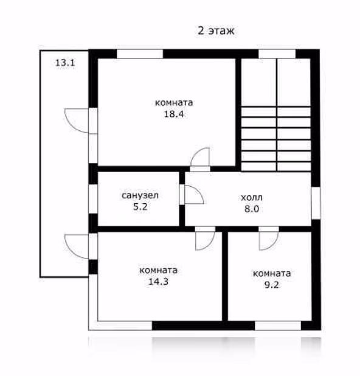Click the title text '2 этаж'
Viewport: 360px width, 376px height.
(216, 31)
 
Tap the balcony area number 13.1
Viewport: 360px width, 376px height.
(65, 63)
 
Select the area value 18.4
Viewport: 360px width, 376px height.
(174, 114)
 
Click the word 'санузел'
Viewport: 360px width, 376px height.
(140, 195)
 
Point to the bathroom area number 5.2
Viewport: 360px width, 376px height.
(140, 207)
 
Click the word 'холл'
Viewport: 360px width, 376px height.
(252, 198)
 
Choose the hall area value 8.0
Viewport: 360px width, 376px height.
(252, 209)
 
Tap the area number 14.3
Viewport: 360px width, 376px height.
(158, 282)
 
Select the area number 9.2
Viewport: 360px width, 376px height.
(272, 285)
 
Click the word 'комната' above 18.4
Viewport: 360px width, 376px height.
(174, 103)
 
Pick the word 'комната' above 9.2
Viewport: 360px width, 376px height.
(272, 274)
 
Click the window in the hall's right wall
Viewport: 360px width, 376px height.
(316, 203)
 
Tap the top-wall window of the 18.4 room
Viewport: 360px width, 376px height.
(140, 54)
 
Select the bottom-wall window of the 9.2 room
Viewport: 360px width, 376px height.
(278, 326)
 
